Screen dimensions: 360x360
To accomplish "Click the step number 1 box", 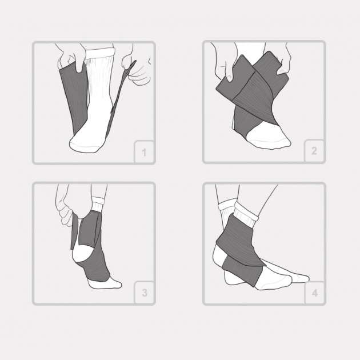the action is coord(144,151).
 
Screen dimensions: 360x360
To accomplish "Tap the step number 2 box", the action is coord(314,151).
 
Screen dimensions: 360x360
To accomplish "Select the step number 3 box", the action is coord(144,292).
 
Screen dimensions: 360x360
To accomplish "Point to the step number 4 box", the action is coord(314,293).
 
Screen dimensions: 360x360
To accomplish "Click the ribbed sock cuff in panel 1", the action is coord(100,53).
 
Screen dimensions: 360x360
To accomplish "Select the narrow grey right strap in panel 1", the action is coord(121,99).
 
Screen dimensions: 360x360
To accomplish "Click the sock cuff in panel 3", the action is coord(98,205).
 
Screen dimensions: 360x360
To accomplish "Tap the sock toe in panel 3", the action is coord(106,283).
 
